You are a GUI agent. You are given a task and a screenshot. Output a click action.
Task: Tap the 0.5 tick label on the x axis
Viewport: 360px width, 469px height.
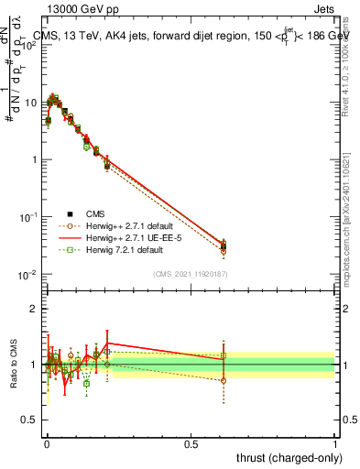[x=191, y=442]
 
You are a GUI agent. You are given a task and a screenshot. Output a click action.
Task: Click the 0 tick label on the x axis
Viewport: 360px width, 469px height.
[x=47, y=442]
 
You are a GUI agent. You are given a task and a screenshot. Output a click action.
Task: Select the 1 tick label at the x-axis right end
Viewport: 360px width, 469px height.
[x=335, y=442]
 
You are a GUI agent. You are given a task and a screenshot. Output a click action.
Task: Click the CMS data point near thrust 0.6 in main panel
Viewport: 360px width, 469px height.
[x=224, y=245]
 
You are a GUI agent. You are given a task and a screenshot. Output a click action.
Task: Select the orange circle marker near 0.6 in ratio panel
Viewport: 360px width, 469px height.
[x=224, y=380]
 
